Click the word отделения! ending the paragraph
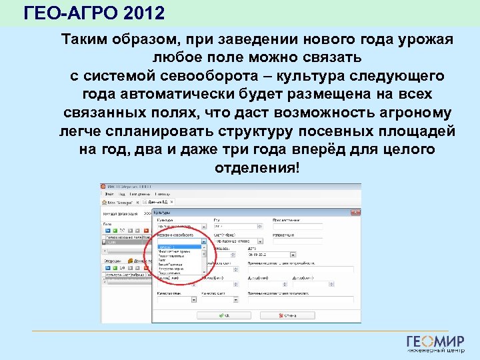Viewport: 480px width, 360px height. pos(257,167)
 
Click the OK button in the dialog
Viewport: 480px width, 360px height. pos(223,315)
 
